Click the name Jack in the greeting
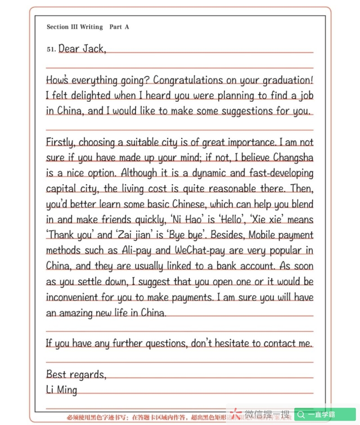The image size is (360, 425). (x=94, y=49)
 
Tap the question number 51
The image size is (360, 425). (x=51, y=50)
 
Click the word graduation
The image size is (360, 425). (x=288, y=80)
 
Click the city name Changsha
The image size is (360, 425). (x=293, y=158)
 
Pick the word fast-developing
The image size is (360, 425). (x=274, y=173)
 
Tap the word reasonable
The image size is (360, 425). (x=230, y=189)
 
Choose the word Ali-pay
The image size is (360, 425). (x=139, y=250)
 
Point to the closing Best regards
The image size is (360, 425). (x=76, y=374)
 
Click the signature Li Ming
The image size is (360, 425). (x=62, y=389)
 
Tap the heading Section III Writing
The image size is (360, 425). (x=75, y=27)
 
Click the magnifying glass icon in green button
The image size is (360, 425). (x=301, y=415)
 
